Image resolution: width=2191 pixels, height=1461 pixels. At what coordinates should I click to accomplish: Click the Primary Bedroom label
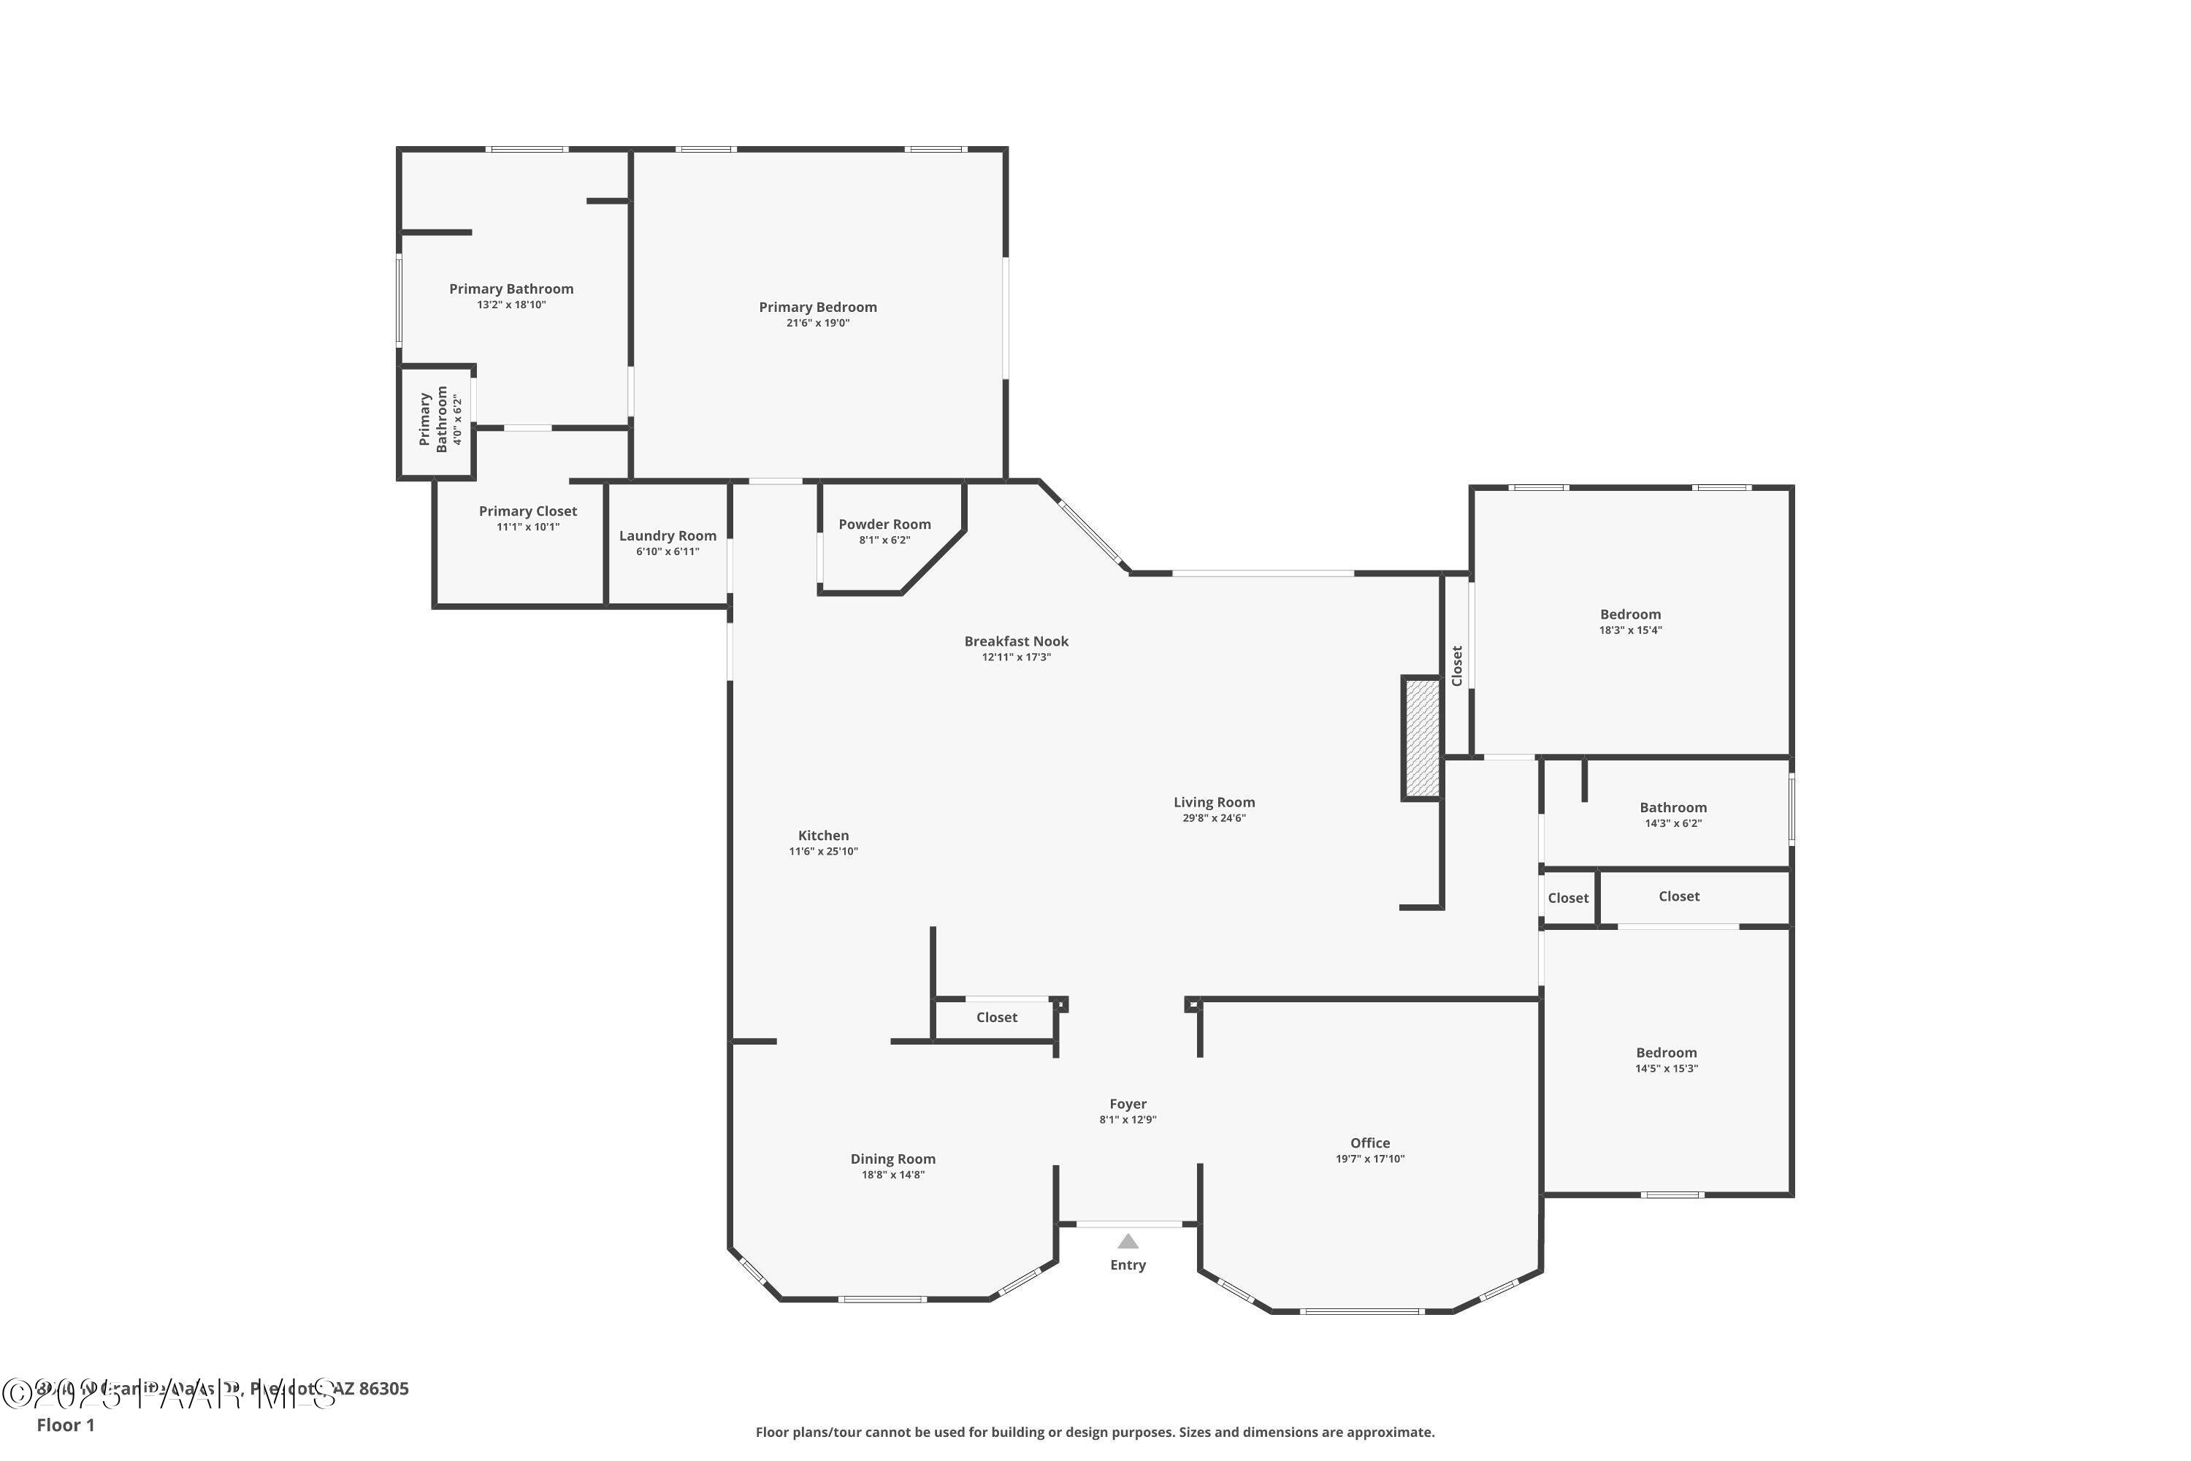[x=817, y=308]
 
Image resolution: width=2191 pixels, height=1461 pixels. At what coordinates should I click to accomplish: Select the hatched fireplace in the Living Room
[x=1421, y=738]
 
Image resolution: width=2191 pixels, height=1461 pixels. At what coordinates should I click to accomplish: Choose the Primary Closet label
[x=527, y=511]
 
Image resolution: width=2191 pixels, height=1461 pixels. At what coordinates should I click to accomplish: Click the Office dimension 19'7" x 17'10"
[x=1369, y=1159]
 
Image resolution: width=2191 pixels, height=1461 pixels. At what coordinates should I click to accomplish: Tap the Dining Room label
[x=892, y=1159]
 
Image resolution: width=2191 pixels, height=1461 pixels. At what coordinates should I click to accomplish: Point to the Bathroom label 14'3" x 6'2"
[x=1673, y=808]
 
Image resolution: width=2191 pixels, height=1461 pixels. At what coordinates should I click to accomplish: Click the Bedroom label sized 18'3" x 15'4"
[x=1630, y=614]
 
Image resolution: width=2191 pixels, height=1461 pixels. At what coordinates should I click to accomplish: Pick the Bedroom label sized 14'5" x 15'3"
[x=1666, y=1053]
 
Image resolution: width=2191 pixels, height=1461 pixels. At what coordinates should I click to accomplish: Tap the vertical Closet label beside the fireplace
[x=1457, y=665]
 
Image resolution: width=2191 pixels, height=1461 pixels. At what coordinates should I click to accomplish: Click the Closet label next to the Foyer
[x=996, y=1018]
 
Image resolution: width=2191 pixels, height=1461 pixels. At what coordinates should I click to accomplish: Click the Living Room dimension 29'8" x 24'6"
[x=1213, y=818]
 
